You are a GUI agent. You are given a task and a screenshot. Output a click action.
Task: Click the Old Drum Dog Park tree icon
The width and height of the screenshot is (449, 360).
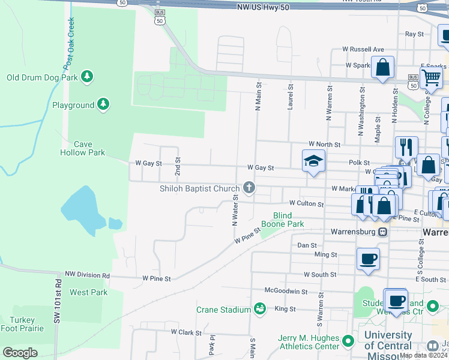click(x=88, y=76)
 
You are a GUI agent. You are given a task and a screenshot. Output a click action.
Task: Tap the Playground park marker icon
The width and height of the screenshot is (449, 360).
click(x=104, y=104)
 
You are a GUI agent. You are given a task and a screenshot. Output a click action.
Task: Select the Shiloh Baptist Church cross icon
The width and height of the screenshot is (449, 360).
click(x=249, y=188)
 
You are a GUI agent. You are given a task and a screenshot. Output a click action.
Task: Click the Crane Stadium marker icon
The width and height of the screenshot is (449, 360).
click(x=260, y=309)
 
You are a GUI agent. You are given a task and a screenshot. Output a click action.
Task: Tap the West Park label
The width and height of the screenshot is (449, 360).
click(x=88, y=292)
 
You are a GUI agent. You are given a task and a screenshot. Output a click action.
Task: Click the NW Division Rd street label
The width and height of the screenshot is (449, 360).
click(x=88, y=275)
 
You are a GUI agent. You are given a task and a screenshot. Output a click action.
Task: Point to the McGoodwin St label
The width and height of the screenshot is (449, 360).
click(x=287, y=292)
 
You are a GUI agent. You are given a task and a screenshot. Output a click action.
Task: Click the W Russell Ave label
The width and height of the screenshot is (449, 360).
click(x=363, y=49)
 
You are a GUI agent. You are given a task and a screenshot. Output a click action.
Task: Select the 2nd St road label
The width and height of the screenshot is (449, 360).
click(x=178, y=166)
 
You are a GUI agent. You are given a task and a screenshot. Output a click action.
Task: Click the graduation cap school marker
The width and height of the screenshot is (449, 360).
click(x=313, y=161)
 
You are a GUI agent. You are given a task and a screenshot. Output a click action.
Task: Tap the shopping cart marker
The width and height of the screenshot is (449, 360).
click(x=431, y=77)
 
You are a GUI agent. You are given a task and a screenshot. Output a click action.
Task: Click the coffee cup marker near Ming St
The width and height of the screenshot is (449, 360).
click(x=369, y=259)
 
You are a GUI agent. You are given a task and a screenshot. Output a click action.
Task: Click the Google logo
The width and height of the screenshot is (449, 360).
click(x=20, y=353)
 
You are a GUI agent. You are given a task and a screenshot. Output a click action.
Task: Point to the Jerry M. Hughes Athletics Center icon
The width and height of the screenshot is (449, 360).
click(x=348, y=343)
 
